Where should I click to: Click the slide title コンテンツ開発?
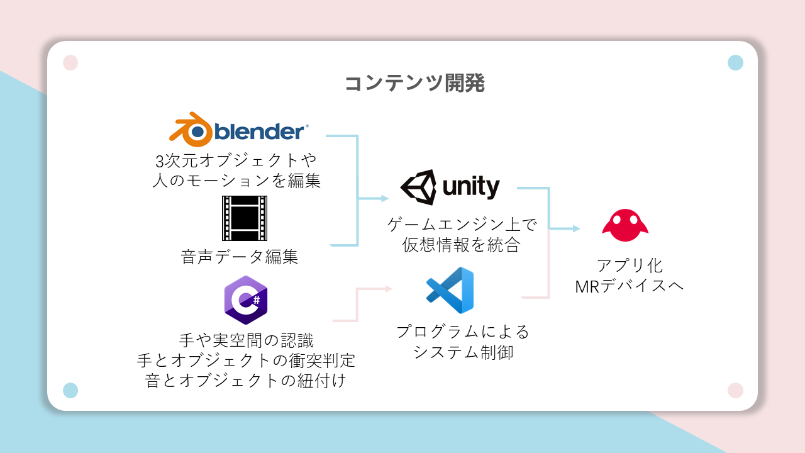(414, 84)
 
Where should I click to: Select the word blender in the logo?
(259, 131)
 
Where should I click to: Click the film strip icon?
(245, 218)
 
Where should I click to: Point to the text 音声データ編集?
(239, 257)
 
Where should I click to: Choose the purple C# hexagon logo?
(245, 299)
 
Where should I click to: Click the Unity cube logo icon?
(418, 187)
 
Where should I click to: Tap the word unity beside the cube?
(471, 186)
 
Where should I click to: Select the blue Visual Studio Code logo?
(450, 290)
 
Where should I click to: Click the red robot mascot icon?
(625, 225)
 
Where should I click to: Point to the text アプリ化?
(630, 266)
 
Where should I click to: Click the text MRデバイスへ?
(630, 286)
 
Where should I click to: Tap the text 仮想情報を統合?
(462, 245)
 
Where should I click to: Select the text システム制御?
(463, 352)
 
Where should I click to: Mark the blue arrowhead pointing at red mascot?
(576, 228)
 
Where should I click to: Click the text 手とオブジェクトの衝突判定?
(246, 361)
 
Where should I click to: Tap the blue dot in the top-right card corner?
(735, 63)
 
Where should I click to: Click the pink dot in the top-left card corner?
(70, 63)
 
